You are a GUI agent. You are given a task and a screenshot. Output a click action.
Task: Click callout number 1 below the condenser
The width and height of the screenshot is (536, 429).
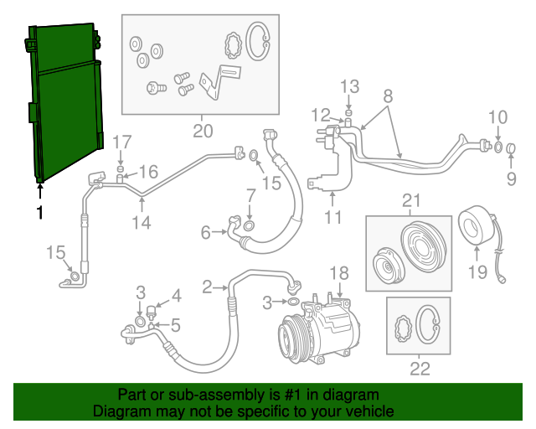coord(39,213)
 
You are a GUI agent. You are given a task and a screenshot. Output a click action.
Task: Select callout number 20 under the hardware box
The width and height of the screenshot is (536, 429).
coord(203,131)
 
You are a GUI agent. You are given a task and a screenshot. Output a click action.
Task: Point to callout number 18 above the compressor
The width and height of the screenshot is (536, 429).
coord(338,272)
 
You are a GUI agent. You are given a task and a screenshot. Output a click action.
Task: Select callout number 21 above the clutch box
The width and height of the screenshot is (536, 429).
coord(410,200)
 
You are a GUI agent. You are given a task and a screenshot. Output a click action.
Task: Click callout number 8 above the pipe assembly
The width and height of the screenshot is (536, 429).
coord(388,96)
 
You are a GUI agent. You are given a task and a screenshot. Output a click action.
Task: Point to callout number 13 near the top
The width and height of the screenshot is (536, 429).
coord(349,86)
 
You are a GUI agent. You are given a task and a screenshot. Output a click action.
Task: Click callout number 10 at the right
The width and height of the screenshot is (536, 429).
coord(497,116)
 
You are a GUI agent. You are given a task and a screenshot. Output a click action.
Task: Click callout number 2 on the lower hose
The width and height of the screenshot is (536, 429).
coord(207,287)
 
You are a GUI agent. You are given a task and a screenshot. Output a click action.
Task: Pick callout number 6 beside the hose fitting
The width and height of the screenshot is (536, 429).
coord(206,233)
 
